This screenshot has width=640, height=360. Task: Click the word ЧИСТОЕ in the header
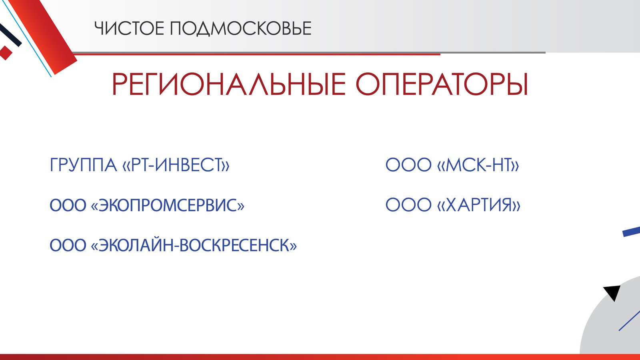coord(129,28)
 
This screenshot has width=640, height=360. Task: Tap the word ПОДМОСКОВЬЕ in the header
coord(240,29)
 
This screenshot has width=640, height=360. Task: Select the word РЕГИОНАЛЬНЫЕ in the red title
coord(228,84)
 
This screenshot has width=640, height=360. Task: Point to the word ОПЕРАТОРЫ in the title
coord(442,84)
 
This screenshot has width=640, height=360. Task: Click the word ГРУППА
coord(83,165)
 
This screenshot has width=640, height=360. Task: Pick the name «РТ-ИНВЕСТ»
coord(176,165)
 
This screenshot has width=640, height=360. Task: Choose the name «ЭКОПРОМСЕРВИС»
coord(168,205)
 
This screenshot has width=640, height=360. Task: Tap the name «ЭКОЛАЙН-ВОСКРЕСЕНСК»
coord(194,245)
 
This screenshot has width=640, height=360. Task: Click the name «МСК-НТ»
coord(478,165)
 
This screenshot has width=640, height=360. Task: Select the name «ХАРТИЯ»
coord(479,205)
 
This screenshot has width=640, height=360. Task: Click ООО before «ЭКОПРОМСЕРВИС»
coord(68,205)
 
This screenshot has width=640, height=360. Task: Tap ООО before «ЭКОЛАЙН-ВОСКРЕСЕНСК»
coord(68,245)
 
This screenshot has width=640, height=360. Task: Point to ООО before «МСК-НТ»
coord(408,165)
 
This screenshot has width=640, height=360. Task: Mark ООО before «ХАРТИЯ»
coord(408,205)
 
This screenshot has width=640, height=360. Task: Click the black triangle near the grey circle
coord(613,292)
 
